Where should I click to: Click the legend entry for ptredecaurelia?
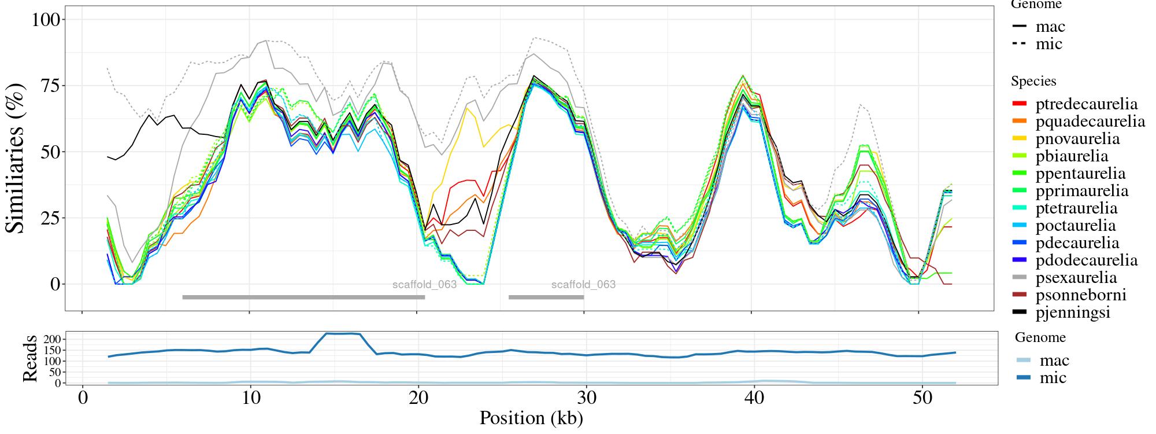pos(1086,104)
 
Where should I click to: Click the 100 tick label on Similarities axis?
pos(46,20)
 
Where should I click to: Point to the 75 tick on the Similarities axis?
pos(51,86)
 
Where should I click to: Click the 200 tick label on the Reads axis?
pos(53,339)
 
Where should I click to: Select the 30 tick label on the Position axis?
pos(584,399)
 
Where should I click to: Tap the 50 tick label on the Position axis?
pos(918,399)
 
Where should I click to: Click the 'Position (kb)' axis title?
pos(531,418)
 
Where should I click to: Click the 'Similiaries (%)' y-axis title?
pos(16,158)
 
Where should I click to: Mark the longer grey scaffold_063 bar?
pos(303,297)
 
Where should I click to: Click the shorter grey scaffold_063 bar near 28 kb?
pos(546,297)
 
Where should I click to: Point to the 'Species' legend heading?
pos(1033,82)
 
